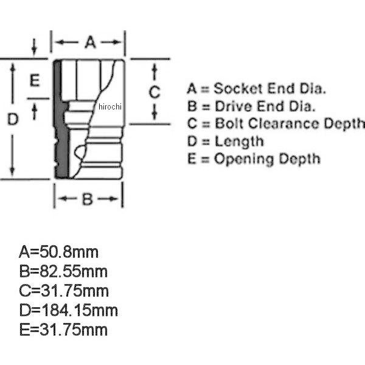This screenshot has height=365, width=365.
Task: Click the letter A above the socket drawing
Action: tap(90, 42)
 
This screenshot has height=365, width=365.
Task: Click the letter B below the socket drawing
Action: tap(88, 199)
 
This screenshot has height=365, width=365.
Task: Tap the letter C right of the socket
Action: tap(155, 92)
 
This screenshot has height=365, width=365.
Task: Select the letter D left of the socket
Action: tap(13, 119)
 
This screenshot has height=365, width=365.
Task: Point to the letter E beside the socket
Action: tap(35, 80)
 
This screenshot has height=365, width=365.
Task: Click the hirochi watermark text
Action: tap(110, 106)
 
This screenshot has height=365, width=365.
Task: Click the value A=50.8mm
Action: tap(58, 252)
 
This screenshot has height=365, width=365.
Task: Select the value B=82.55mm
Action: tap(63, 272)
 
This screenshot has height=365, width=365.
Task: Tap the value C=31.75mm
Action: tap(64, 291)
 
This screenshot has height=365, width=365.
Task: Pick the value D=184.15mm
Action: tap(68, 310)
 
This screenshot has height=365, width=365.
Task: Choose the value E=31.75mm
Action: tap(63, 330)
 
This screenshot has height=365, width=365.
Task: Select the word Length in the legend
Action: tap(239, 142)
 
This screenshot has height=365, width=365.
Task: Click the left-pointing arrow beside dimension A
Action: tap(67, 42)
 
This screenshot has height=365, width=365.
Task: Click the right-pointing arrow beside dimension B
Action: tap(108, 199)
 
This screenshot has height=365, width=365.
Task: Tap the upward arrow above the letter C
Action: tap(155, 72)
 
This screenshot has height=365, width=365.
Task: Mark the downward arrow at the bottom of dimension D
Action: tap(12, 155)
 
